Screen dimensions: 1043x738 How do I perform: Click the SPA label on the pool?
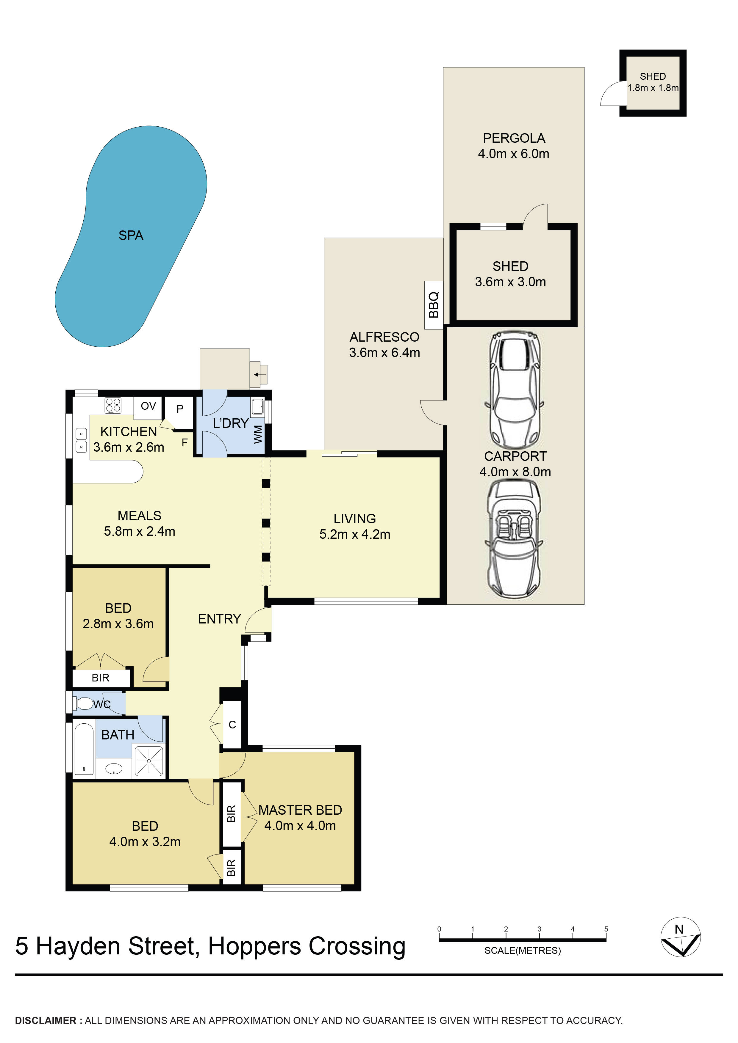[x=131, y=235]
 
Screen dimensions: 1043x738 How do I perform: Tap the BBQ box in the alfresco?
[x=433, y=305]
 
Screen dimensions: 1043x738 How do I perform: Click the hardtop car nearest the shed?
[x=514, y=390]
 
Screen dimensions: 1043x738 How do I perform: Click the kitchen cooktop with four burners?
[x=113, y=405]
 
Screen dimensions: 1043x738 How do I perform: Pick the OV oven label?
[x=148, y=406]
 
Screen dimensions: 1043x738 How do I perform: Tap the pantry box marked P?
[x=180, y=409]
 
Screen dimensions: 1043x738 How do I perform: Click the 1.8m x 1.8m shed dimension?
[x=653, y=88]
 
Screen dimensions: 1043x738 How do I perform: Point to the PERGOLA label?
[x=514, y=138]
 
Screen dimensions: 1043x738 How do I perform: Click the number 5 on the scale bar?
[x=606, y=929]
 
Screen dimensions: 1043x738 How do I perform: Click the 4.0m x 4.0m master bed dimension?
[x=300, y=825]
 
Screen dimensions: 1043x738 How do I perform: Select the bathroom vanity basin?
[x=114, y=769]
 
